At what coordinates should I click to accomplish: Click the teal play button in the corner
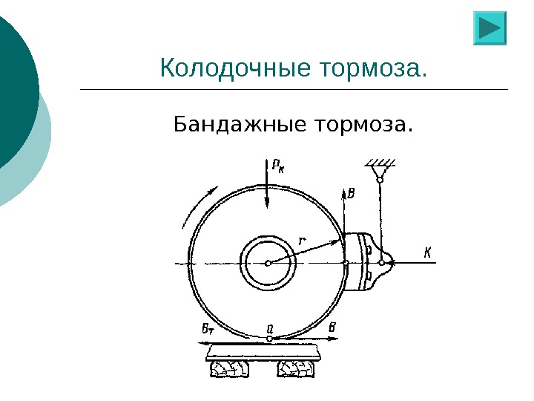(x=489, y=28)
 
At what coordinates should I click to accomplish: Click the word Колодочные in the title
(x=234, y=69)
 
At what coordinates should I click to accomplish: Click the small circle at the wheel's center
(x=268, y=262)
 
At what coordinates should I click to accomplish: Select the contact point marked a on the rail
(x=269, y=339)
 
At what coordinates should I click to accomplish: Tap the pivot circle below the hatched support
(x=380, y=178)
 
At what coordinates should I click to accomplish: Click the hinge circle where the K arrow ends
(x=382, y=262)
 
